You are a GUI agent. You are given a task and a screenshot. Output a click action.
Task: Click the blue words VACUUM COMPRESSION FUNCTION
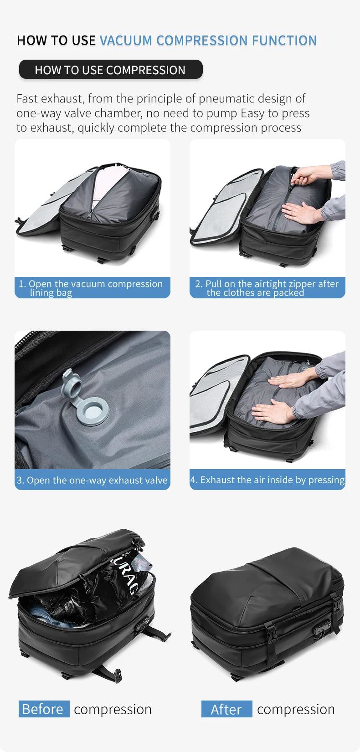click(208, 41)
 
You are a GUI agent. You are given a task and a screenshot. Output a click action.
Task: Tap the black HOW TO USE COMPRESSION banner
click(110, 70)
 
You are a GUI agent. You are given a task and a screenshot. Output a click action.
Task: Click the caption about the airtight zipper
click(267, 288)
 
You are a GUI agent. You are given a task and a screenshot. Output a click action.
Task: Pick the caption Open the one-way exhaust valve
click(93, 480)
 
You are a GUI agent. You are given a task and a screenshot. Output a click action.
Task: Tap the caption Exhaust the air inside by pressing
click(267, 480)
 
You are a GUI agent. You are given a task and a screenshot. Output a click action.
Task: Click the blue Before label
click(44, 709)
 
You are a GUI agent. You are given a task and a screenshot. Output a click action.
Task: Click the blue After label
click(226, 709)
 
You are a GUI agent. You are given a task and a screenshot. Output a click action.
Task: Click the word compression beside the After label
click(296, 709)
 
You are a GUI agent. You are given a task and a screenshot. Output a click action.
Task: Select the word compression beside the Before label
click(113, 709)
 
